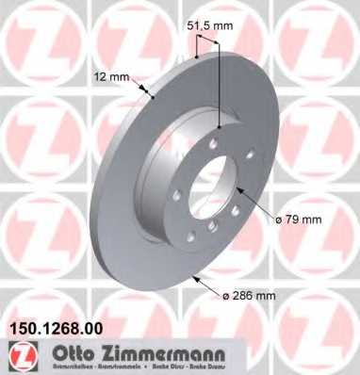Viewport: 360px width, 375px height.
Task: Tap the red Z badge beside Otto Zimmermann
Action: pyautogui.click(x=22, y=356)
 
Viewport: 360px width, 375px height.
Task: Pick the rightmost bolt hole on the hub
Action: pyautogui.click(x=249, y=158)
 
